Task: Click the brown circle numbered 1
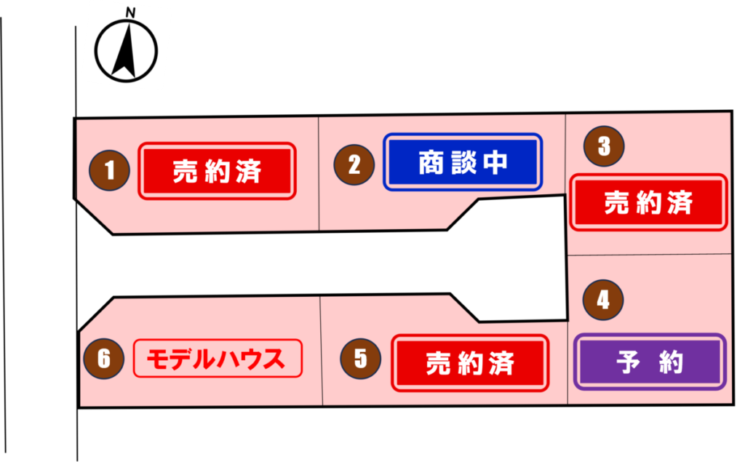pos(109,171)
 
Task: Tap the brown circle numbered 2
pos(354,164)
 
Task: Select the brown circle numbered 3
pos(604,146)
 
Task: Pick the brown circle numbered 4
pos(603,300)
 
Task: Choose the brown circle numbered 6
pos(104,359)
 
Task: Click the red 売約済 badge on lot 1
pos(217,171)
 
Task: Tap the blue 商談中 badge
pos(463,162)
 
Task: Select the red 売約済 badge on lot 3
pos(648,202)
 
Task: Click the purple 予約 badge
pos(650,362)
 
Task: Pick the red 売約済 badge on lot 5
pos(470,362)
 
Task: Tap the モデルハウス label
pos(217,359)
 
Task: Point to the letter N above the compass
pos(130,13)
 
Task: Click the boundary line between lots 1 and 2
pos(319,175)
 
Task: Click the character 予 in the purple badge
pos(628,362)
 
